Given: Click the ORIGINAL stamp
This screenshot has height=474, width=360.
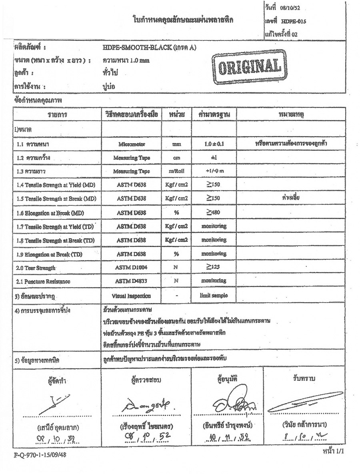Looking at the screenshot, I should (246, 67).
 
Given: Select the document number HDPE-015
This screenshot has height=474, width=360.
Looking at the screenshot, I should (293, 22).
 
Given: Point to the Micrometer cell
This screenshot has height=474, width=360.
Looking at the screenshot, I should (131, 144).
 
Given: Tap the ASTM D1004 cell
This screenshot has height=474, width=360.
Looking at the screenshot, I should (131, 267).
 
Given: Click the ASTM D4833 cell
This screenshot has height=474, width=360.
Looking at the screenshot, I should (131, 281).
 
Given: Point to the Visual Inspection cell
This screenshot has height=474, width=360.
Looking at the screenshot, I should (131, 296).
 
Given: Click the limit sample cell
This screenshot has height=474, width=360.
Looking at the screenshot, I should (214, 295).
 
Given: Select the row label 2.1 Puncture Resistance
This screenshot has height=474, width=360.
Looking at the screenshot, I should (43, 281).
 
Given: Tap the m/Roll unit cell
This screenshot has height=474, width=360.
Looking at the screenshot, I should (176, 171).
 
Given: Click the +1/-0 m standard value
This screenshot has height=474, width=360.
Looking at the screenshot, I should (214, 171).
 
